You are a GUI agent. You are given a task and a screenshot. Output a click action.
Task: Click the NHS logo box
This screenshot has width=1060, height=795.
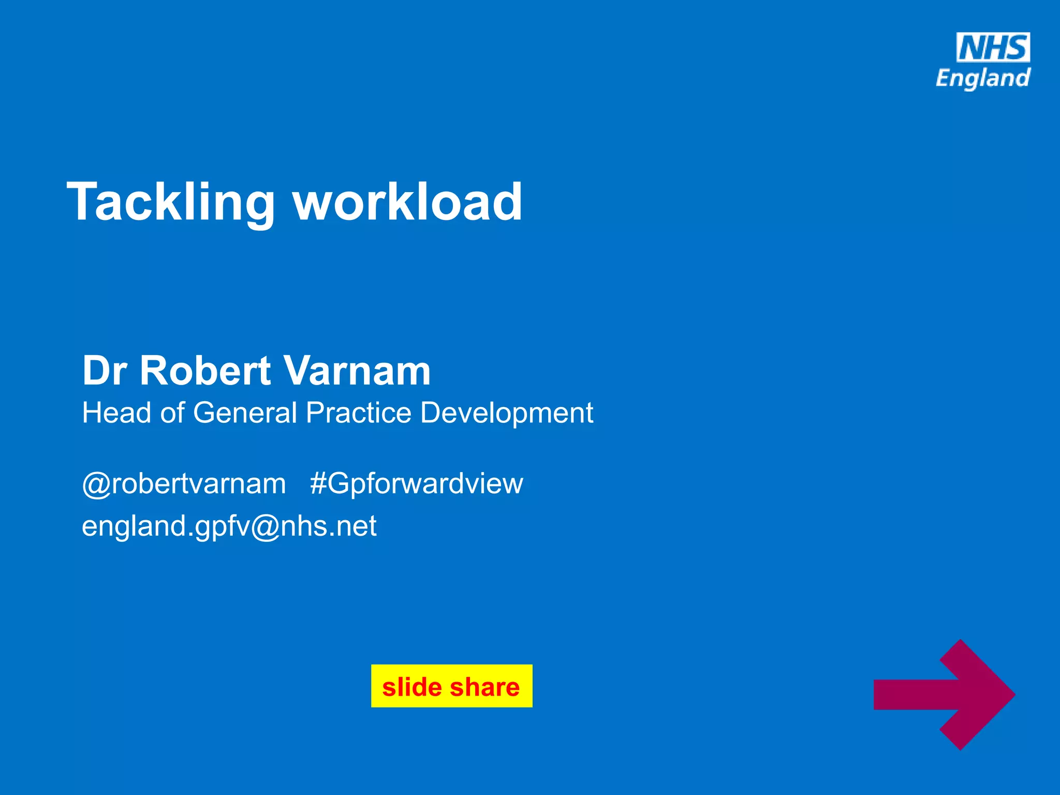(x=993, y=48)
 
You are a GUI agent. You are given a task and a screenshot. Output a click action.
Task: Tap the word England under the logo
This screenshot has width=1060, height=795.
(x=982, y=79)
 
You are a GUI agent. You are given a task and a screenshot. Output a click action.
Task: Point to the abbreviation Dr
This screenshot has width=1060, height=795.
(x=105, y=371)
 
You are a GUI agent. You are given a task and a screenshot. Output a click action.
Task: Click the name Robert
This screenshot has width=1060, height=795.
(x=205, y=371)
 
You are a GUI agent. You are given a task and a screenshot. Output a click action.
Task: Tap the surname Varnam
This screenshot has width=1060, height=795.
(x=357, y=371)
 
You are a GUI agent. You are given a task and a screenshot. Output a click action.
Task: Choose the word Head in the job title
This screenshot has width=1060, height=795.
(x=117, y=413)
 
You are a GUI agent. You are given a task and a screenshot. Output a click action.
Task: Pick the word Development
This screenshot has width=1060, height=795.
(x=506, y=413)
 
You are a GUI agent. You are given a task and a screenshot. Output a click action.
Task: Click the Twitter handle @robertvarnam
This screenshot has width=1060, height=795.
(x=184, y=484)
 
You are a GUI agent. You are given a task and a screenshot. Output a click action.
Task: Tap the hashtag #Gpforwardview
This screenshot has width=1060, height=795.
(x=417, y=484)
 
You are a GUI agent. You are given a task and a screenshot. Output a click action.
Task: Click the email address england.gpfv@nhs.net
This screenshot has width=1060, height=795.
(x=229, y=526)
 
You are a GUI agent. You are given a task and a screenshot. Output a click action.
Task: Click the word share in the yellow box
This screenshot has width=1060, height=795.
(x=484, y=687)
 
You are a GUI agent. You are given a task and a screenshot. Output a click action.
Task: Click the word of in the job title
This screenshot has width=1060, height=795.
(x=172, y=413)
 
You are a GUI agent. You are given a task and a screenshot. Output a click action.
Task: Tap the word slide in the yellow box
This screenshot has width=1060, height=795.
(x=411, y=687)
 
